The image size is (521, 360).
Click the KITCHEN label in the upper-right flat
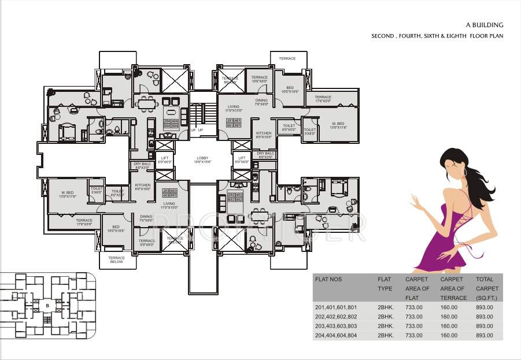pyautogui.click(x=264, y=135)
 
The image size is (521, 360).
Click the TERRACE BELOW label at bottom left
pyautogui.click(x=116, y=259)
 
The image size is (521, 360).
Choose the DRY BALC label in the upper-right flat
pyautogui.click(x=265, y=155)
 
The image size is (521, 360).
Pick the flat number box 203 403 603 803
pyautogui.click(x=170, y=193)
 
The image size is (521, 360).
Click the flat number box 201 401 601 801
pyautogui.click(x=234, y=123)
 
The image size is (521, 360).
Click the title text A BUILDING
pyautogui.click(x=485, y=25)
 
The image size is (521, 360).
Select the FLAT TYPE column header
pyautogui.click(x=385, y=284)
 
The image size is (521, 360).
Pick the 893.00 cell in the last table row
pyautogui.click(x=485, y=335)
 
